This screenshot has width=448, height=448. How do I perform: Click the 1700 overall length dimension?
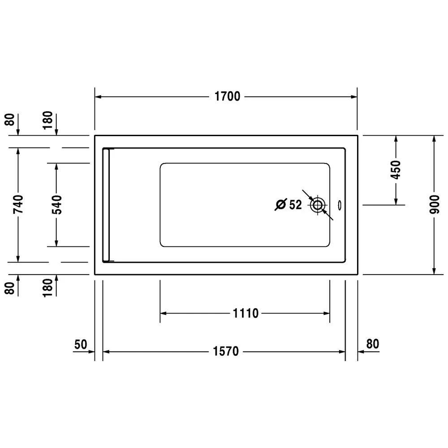(x=228, y=96)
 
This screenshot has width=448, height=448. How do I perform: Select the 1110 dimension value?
(x=246, y=313)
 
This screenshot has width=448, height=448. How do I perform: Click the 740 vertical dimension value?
(x=18, y=205)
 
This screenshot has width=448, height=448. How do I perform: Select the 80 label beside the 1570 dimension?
(x=373, y=344)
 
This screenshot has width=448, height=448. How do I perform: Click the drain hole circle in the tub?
(x=318, y=205)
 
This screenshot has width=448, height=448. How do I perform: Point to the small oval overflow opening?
(x=339, y=205)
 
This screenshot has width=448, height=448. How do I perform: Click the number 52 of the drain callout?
(x=295, y=205)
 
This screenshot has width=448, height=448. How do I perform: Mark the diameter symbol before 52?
(x=281, y=205)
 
